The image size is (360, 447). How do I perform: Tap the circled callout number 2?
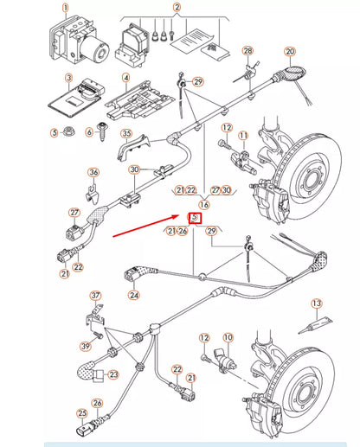[177, 7]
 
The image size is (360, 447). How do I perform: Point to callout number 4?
[126, 78]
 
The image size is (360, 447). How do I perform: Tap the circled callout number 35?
[126, 134]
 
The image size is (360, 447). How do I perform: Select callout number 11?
[243, 135]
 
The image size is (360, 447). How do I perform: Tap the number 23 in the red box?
[195, 217]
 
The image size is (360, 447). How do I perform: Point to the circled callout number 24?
[133, 295]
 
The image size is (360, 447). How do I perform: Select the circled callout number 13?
[317, 303]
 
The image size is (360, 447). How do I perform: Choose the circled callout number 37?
[95, 295]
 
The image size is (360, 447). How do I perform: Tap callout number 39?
[86, 347]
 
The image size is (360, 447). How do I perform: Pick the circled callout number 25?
[82, 413]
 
